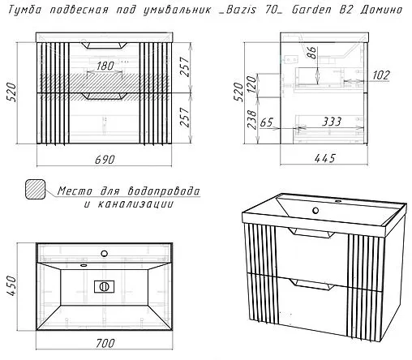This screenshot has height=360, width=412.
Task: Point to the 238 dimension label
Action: pyautogui.click(x=252, y=119)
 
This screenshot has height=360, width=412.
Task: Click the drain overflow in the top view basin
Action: pyautogui.click(x=104, y=287)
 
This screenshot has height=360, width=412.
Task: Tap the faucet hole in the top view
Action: pyautogui.click(x=104, y=253)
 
